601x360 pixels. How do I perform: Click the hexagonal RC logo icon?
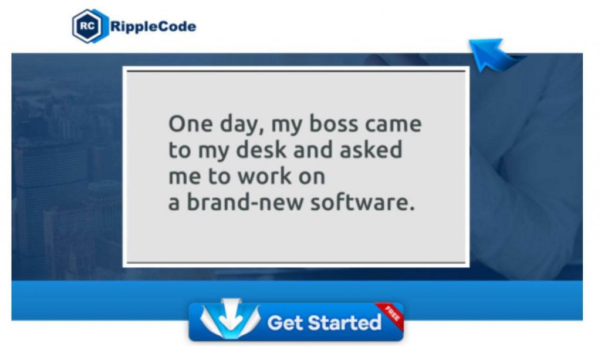[x=89, y=26]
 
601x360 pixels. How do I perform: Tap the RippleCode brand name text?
[x=153, y=26]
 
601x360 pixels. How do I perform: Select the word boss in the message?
[x=333, y=124]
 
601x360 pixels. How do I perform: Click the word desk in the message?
[x=261, y=150]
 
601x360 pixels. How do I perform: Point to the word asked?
[x=371, y=150]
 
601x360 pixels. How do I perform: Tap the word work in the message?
[x=265, y=176]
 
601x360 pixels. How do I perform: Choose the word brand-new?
[x=245, y=202]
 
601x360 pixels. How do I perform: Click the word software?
[x=359, y=202]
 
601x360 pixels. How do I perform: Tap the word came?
[x=393, y=125]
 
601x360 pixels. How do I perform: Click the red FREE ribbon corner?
[x=390, y=315]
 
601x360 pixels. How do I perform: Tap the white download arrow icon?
[x=230, y=319]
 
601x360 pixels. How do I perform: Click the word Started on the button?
[x=345, y=322]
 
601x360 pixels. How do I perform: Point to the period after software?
[x=412, y=209]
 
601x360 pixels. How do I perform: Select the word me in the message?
[x=184, y=177]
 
